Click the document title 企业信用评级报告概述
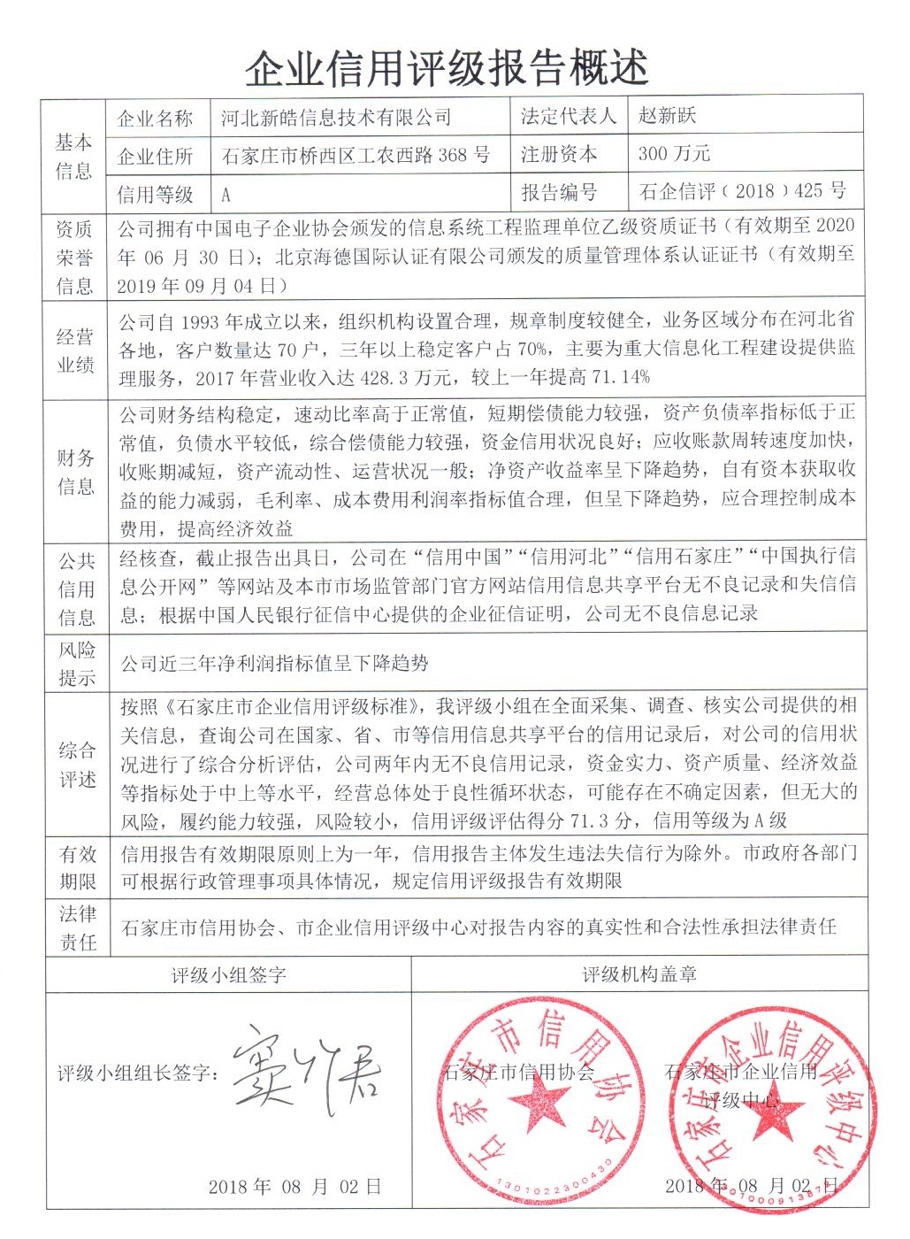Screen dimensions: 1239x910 (447, 67)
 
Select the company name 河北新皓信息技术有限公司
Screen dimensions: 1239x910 (336, 117)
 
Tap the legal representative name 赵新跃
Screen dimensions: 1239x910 (668, 115)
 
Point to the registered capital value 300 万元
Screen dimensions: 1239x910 (674, 153)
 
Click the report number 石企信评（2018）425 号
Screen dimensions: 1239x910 (742, 190)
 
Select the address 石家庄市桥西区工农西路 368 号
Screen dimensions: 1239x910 (356, 156)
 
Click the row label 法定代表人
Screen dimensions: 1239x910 (568, 116)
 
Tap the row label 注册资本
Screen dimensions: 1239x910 (558, 154)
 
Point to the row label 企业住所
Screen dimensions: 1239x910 (156, 157)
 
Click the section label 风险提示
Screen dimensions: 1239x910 (77, 664)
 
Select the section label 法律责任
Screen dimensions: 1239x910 (77, 927)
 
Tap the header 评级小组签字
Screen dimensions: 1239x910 (228, 975)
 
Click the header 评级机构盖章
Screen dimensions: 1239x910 (639, 974)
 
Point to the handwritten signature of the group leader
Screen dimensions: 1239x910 (305, 1070)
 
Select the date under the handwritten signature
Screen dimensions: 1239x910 (294, 1187)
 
